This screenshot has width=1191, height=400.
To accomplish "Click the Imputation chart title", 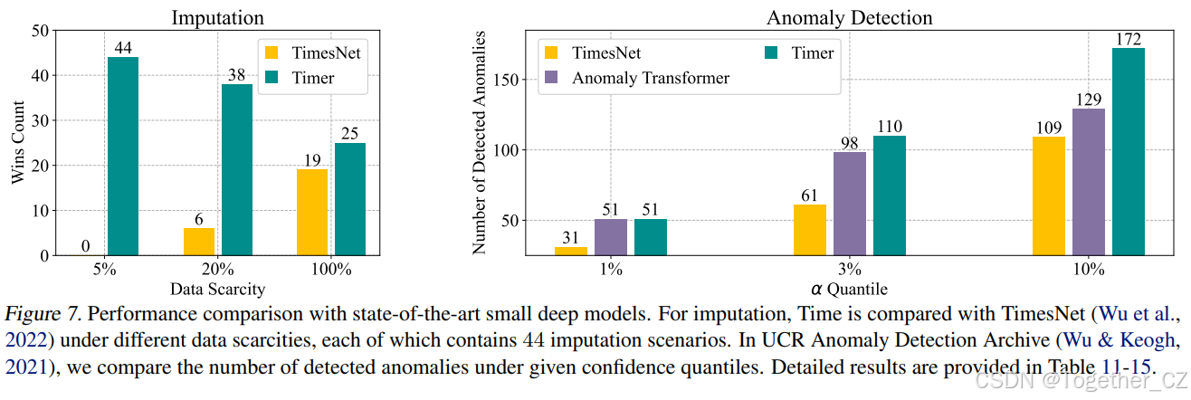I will [x=217, y=17].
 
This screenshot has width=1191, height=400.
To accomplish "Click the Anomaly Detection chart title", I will [x=849, y=17].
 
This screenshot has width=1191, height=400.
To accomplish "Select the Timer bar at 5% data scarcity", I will [x=123, y=156].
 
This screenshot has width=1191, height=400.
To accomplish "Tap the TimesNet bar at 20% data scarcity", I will [x=199, y=241].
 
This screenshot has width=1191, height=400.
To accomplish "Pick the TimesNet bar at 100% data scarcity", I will [x=312, y=212].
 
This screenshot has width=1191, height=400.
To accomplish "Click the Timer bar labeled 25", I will [x=350, y=198].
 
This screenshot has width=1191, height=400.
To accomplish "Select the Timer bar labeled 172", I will [x=1129, y=151].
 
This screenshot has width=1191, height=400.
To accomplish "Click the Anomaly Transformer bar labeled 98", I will [x=850, y=203].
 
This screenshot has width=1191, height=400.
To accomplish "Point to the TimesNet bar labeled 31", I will [x=571, y=251].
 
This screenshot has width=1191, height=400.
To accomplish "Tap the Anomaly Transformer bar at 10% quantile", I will [x=1089, y=181].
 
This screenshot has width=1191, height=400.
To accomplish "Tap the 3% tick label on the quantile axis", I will [x=849, y=270].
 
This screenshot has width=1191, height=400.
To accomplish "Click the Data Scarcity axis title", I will [x=217, y=290].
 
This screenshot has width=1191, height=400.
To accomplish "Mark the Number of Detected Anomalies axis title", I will [x=480, y=142].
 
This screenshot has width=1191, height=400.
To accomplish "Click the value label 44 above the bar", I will [x=123, y=47].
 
